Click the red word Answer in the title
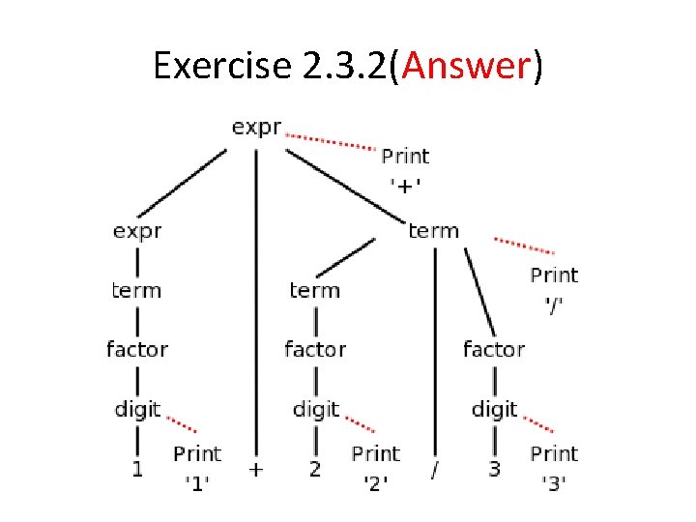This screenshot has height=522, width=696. pyautogui.click(x=466, y=65)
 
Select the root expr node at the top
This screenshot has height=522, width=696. pyautogui.click(x=256, y=128)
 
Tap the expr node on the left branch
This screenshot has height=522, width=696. pyautogui.click(x=137, y=231)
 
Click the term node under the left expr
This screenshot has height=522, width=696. pyautogui.click(x=137, y=290)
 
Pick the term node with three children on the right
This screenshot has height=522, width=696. pyautogui.click(x=433, y=231)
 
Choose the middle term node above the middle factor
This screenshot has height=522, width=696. pyautogui.click(x=315, y=290)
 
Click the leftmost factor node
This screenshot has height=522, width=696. pyautogui.click(x=137, y=349)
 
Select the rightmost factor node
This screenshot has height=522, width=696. pyautogui.click(x=493, y=349)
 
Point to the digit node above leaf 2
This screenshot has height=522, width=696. pyautogui.click(x=316, y=410)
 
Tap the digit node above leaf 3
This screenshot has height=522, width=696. pyautogui.click(x=494, y=410)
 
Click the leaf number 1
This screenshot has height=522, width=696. pyautogui.click(x=137, y=470)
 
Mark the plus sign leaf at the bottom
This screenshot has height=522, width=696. pyautogui.click(x=256, y=470)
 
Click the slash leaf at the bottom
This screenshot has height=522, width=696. pyautogui.click(x=434, y=472)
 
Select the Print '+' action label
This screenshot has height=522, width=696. pyautogui.click(x=405, y=168)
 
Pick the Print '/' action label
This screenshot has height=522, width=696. pyautogui.click(x=554, y=288)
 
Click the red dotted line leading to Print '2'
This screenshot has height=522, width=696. pyautogui.click(x=361, y=424)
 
